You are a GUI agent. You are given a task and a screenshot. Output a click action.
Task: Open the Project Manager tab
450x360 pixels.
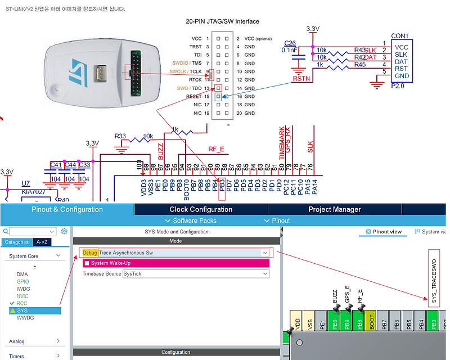[x=334, y=209]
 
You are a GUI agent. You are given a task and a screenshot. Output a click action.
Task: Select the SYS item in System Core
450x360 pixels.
[x=22, y=310]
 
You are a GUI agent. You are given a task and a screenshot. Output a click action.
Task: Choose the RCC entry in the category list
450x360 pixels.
[x=22, y=303]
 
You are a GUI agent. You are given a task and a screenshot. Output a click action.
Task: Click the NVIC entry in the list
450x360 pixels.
[x=22, y=296]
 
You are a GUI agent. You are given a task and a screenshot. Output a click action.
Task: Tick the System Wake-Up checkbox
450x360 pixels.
[x=87, y=263]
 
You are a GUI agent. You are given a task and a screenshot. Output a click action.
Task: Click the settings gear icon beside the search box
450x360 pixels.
[x=65, y=231]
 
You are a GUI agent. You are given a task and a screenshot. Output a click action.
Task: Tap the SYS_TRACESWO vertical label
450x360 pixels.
[x=434, y=278]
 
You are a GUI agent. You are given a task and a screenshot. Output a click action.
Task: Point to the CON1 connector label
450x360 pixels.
[x=400, y=35]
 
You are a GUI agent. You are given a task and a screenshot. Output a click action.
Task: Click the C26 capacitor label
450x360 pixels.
[x=290, y=43]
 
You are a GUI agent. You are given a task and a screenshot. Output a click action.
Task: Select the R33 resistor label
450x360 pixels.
[x=120, y=136]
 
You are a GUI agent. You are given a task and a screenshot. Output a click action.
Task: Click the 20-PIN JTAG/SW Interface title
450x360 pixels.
[x=222, y=21]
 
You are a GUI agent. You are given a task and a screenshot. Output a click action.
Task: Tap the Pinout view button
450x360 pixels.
[x=384, y=231]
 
